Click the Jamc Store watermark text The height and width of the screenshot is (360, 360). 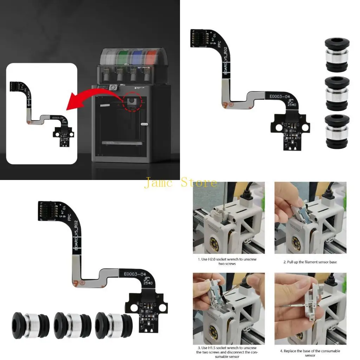click(x=180, y=183)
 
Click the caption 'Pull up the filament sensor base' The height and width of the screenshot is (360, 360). click(x=310, y=262)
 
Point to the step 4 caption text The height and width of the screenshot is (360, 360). click(x=310, y=353)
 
